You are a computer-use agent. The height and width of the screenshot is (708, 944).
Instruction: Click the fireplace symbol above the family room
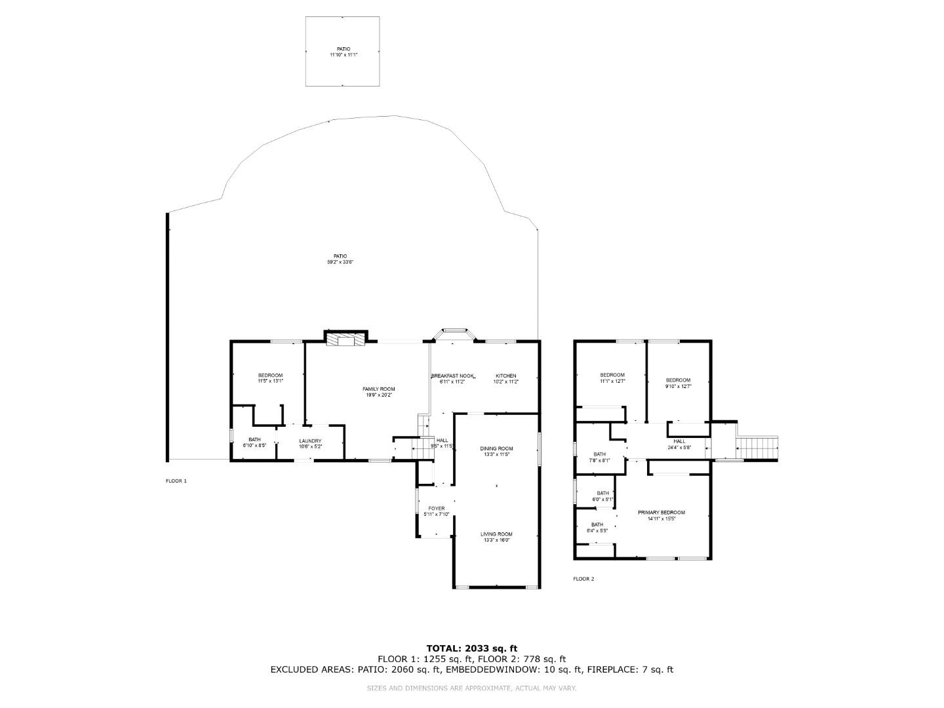coord(345,339)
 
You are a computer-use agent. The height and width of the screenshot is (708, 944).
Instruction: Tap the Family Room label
coord(379,389)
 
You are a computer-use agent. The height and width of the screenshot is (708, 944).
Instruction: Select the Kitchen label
coord(505,376)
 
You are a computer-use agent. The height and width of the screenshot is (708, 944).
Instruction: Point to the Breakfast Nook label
coord(452,376)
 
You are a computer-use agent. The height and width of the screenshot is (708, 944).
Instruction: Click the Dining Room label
coord(496,449)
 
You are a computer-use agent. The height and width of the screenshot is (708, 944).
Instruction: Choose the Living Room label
coord(496,534)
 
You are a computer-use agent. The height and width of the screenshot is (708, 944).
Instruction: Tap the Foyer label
coord(436,509)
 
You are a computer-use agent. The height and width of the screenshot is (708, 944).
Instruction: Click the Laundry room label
coord(310,441)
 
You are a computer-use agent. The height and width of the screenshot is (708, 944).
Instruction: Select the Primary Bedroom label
coord(661,513)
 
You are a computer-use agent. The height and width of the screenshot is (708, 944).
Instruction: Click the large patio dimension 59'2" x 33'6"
coord(340,262)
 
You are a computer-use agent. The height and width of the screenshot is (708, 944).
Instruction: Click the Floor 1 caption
coord(176,481)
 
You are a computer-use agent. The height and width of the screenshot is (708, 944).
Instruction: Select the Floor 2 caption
coord(583,579)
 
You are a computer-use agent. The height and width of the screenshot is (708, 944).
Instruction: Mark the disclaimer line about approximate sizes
coord(471,688)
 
